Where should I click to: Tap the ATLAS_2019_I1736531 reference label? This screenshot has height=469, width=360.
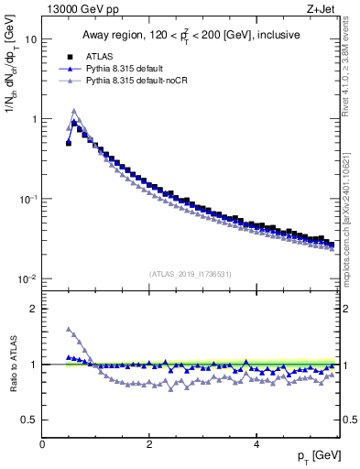[191, 273]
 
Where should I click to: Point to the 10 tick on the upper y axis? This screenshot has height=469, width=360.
[30, 39]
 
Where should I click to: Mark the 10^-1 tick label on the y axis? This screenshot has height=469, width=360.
[27, 199]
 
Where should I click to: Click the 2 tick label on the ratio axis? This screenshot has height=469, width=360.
[33, 309]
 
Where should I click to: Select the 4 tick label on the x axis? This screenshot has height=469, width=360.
[256, 442]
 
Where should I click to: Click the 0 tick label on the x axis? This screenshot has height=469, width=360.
[42, 442]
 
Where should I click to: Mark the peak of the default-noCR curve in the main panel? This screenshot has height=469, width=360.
[74, 112]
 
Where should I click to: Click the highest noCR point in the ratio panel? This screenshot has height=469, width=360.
[69, 329]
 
